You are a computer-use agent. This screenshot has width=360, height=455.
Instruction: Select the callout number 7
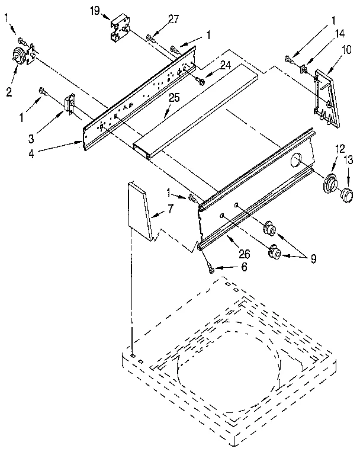[171, 209]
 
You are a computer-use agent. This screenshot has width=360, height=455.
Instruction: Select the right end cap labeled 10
[325, 98]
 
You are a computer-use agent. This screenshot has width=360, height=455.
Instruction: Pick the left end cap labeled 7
[140, 212]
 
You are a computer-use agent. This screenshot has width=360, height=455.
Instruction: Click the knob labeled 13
[346, 194]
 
